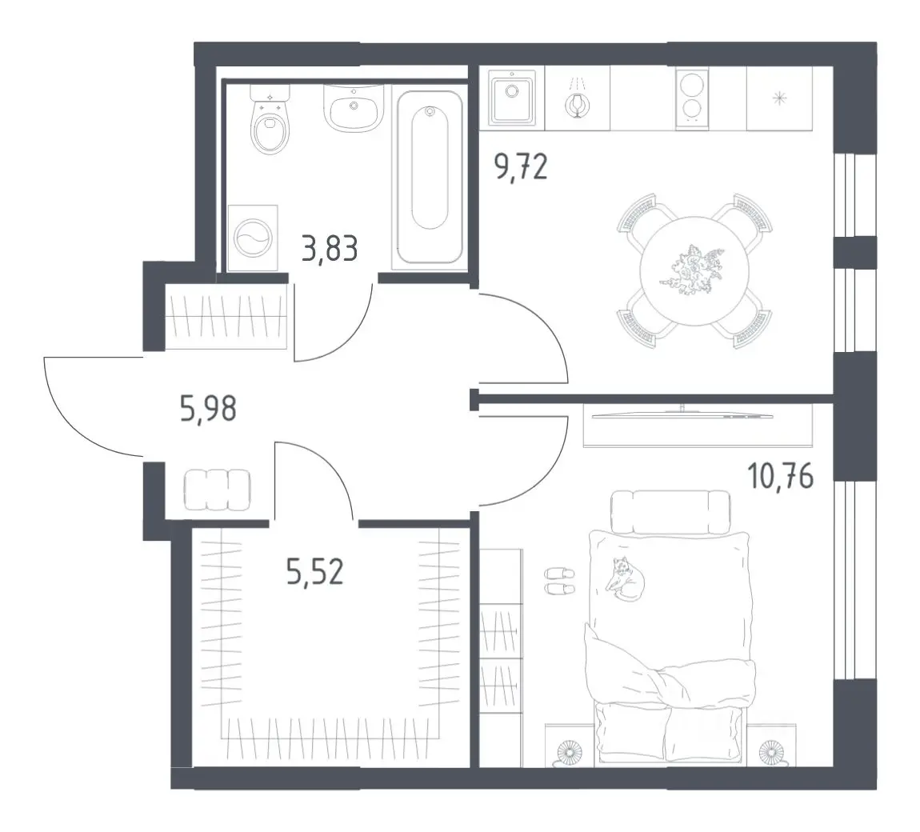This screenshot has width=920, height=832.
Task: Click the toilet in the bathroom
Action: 270,120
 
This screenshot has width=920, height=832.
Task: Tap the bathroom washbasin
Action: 354,108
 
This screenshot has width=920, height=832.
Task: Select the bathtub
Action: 430,177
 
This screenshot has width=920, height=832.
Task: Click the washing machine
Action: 252,238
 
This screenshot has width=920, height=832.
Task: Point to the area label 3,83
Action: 329,248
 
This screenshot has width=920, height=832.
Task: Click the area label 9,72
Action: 521,167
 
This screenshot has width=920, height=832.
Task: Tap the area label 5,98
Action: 208,408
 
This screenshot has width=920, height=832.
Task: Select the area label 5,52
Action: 314,571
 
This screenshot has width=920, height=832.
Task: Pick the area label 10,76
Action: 780,476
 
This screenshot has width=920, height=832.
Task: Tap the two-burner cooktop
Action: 692,97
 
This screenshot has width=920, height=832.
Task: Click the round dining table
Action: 694,271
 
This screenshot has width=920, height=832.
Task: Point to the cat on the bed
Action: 626,580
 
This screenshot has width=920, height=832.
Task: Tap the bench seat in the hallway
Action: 217,490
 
